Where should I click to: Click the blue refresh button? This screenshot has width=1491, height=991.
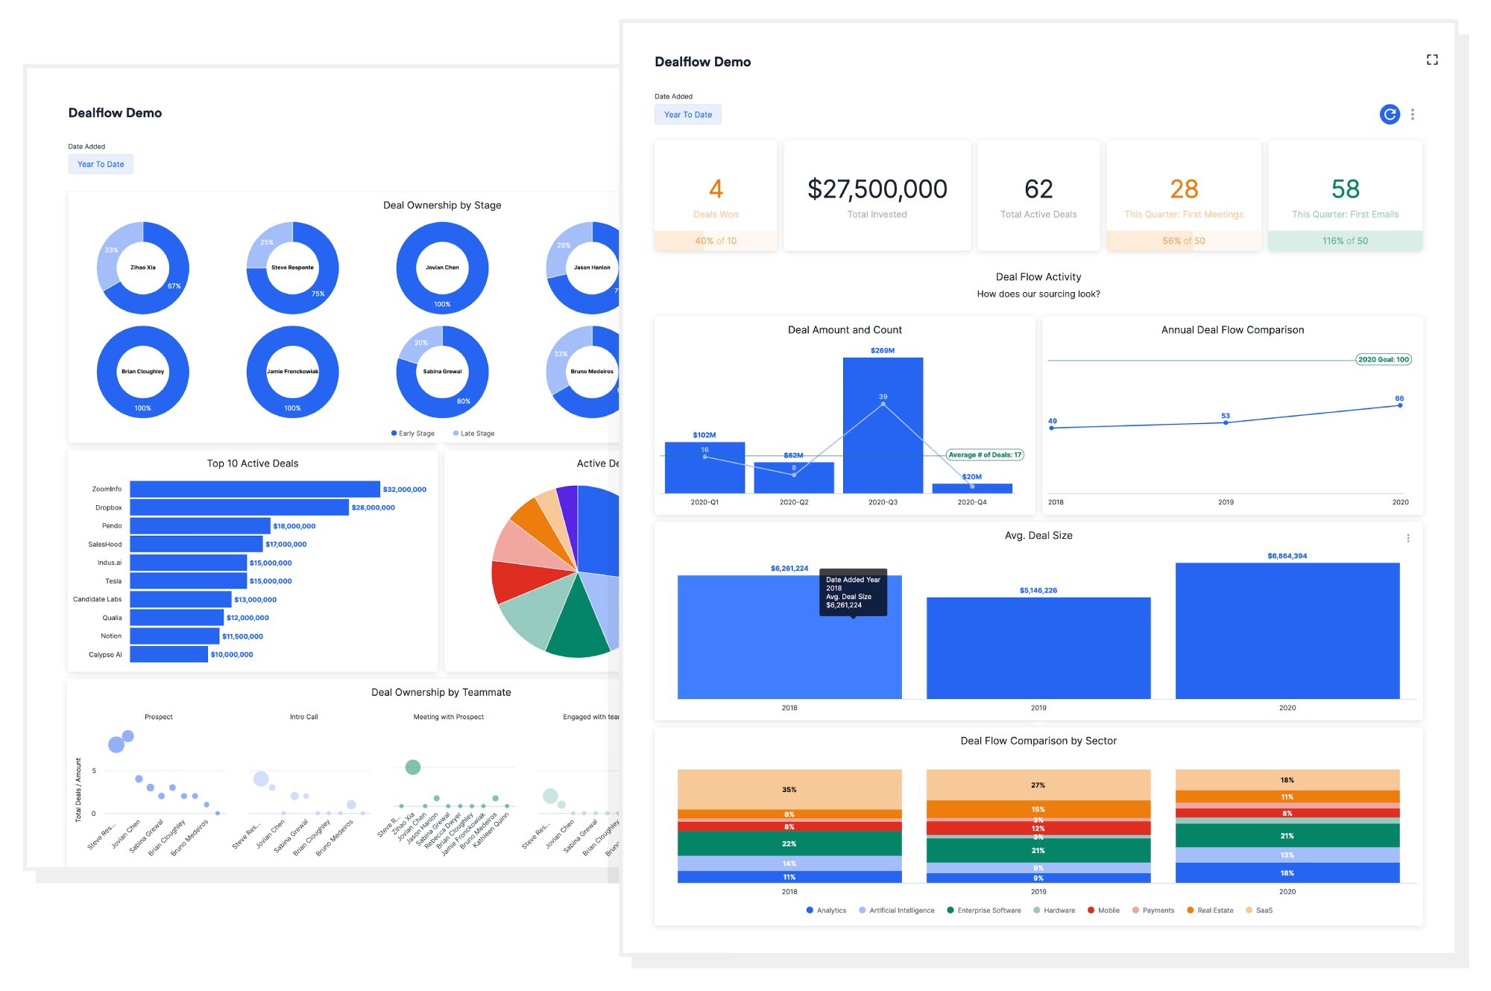click(1390, 114)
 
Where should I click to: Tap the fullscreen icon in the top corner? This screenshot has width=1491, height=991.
click(1432, 60)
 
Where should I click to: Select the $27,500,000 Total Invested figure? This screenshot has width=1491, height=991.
click(877, 189)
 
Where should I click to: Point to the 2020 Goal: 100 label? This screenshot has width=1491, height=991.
click(1383, 359)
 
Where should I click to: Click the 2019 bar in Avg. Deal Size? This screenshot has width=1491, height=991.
click(1038, 648)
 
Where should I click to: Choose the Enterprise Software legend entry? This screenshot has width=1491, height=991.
click(984, 910)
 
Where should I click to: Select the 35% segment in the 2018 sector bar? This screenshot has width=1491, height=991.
click(789, 789)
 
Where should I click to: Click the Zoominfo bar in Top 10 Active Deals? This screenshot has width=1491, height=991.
click(254, 489)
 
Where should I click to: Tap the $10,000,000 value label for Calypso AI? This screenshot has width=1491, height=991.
click(232, 654)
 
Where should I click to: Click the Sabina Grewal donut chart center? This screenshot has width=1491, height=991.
click(442, 371)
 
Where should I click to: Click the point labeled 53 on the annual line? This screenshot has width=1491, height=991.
click(1226, 422)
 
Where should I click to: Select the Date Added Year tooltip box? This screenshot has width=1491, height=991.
click(853, 592)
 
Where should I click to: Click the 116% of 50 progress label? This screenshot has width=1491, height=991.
click(1345, 241)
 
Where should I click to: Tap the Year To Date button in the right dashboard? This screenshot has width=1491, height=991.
click(687, 114)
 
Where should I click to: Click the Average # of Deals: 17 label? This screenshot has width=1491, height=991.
click(984, 455)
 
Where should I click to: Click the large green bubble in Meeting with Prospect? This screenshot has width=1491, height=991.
click(412, 767)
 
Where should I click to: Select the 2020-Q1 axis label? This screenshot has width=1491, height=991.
click(704, 502)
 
